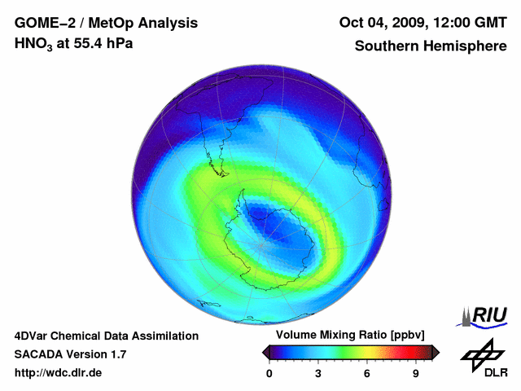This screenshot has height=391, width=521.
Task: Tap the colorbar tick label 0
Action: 269,373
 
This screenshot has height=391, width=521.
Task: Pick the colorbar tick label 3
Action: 318,373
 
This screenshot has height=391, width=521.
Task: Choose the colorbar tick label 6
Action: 367,373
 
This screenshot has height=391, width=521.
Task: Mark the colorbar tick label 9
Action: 415,373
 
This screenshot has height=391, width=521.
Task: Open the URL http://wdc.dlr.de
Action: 59,373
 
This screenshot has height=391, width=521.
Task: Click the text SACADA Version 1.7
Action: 70,354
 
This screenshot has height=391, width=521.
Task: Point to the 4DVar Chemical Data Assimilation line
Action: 106,336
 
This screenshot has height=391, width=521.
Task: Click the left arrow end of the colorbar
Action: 266,352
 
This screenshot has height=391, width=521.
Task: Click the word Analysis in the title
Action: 168,23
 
